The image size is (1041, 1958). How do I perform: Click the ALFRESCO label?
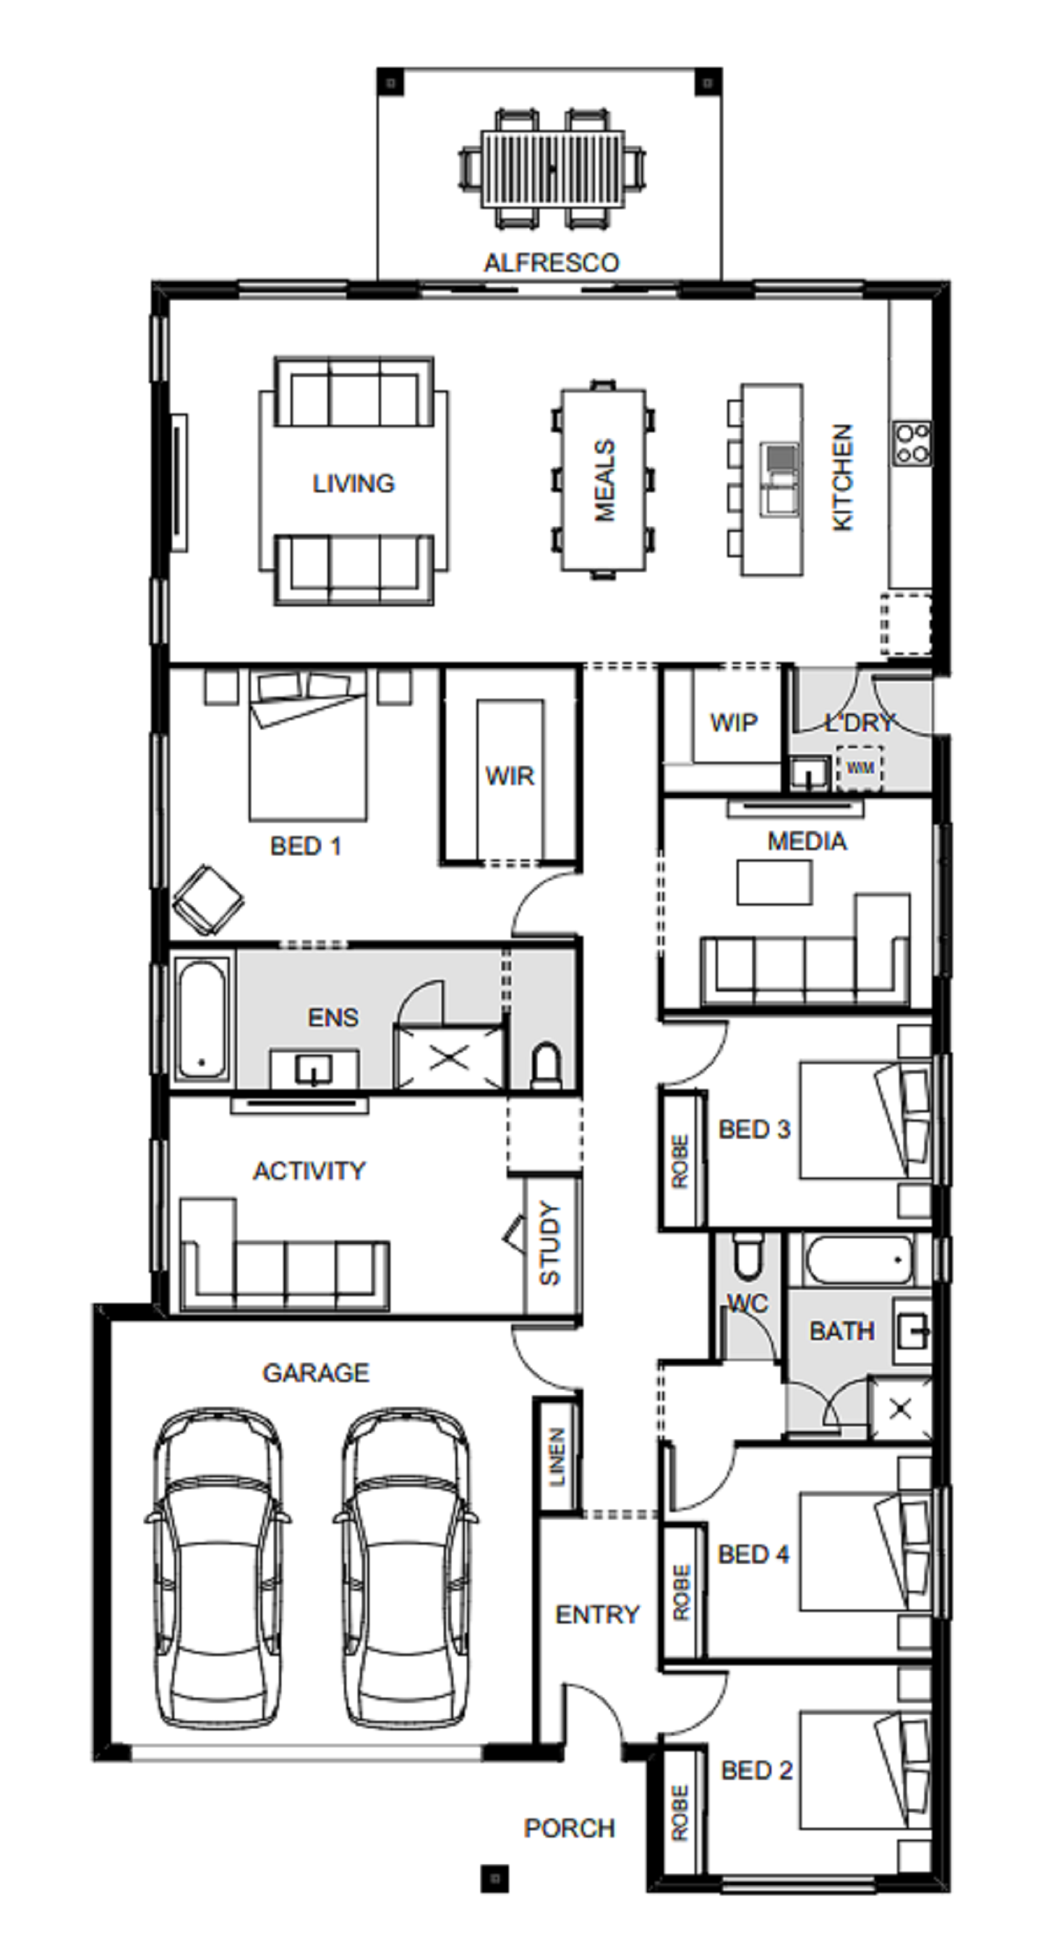pos(552,262)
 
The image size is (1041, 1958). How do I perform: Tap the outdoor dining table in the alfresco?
pos(552,168)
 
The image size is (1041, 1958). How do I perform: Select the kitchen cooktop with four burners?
pos(912,442)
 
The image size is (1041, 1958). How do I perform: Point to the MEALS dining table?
pos(604,480)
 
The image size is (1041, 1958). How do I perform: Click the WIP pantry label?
pos(734,722)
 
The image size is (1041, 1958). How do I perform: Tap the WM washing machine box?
pos(860,768)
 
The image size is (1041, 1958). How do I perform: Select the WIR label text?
pos(510,776)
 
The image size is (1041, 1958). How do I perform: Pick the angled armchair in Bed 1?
pos(207,901)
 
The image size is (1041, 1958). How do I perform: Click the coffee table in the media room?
pos(774,883)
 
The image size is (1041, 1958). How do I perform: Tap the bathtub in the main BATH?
pos(859,1260)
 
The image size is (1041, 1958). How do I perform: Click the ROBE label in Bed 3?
pos(680,1162)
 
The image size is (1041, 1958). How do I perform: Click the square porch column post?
pos(494,1878)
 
